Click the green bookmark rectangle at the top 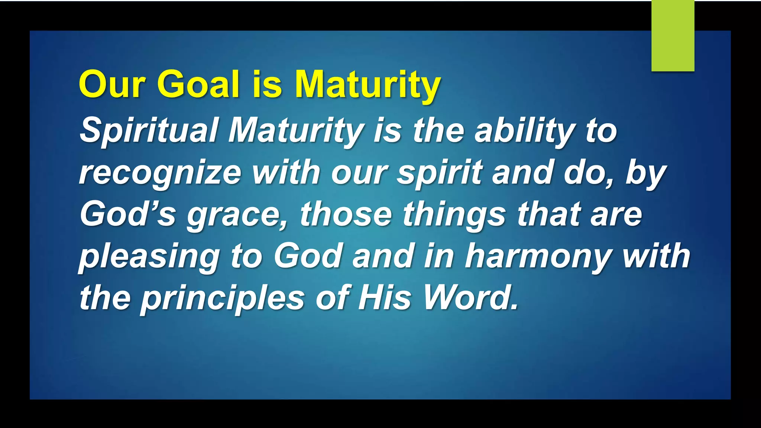pos(673,36)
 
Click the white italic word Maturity pos(295,131)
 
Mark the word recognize pos(160,173)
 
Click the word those pos(346,214)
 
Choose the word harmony pos(539,256)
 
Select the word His pos(385,298)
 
